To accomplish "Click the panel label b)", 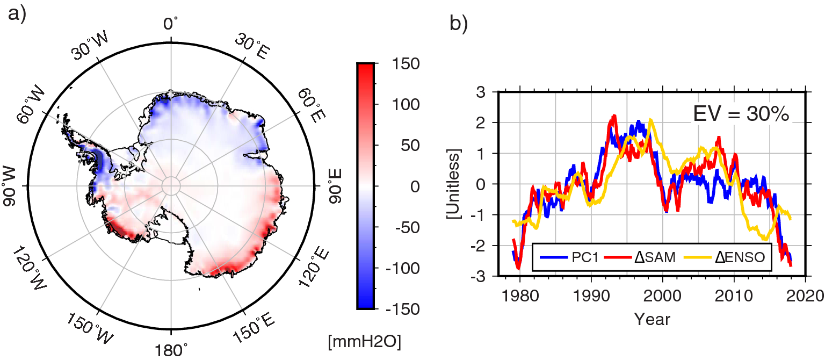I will coord(459,24).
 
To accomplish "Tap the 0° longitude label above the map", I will coord(171,24).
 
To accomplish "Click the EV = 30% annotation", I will coord(740,114).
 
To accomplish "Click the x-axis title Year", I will coord(652,319).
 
